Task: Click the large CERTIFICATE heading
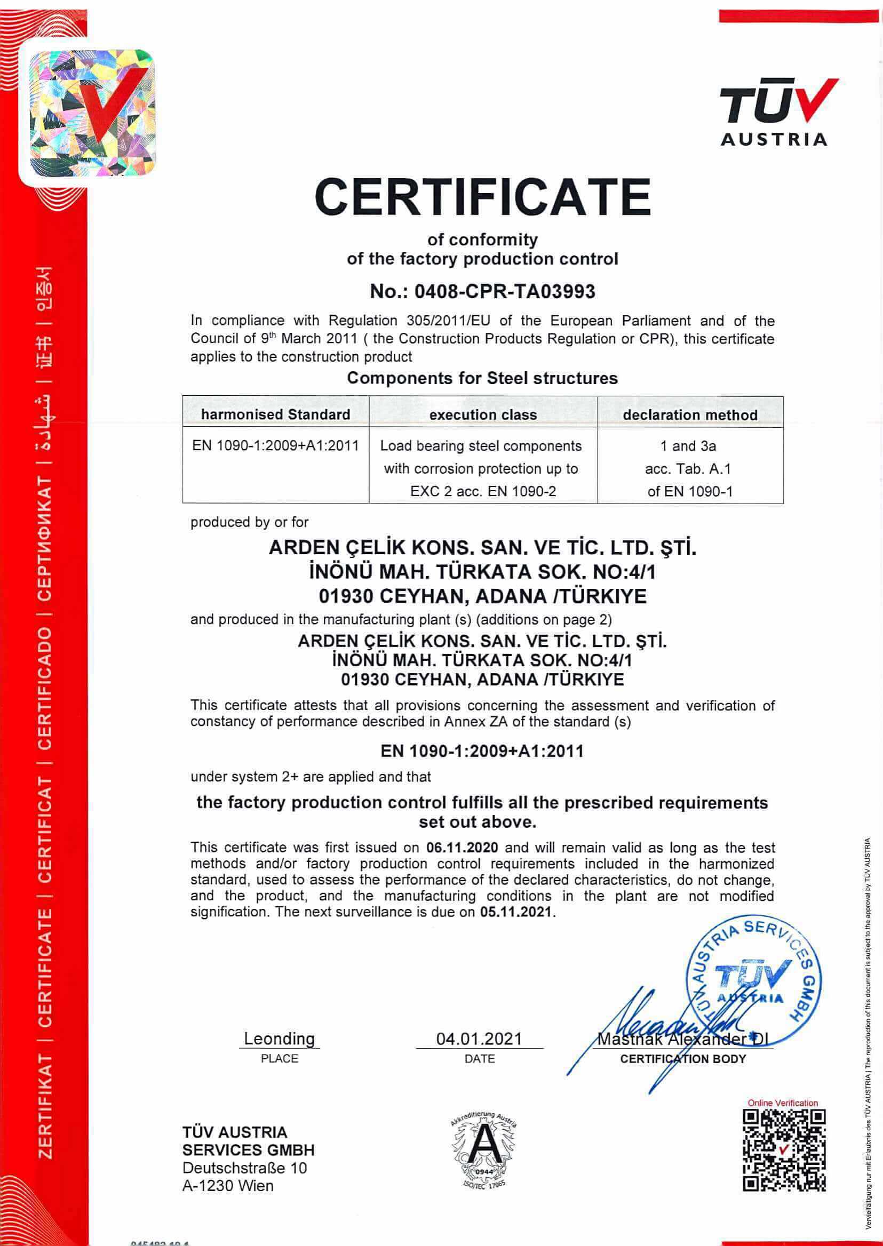482,197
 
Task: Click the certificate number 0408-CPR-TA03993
504,292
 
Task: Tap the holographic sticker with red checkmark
92,113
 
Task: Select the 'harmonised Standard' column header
275,414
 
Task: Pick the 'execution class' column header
483,415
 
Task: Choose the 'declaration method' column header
690,415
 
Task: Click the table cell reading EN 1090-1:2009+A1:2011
275,446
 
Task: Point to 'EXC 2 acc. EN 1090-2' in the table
483,491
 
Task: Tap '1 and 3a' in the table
688,446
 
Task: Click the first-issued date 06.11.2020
462,847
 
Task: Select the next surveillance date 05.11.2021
515,912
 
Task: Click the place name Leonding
279,1039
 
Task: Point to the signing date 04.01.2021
479,1039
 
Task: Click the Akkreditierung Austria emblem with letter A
482,1151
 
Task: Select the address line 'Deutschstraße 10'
245,1168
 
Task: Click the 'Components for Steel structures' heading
482,378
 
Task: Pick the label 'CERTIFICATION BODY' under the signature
683,1059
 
